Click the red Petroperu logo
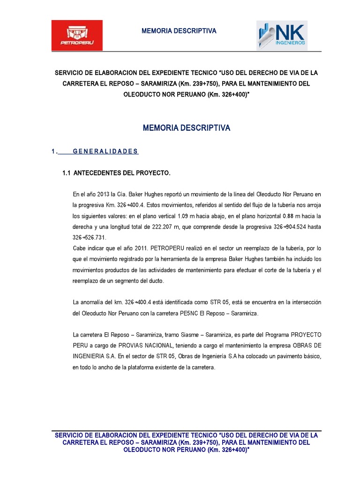click(77, 36)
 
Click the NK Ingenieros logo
click(282, 35)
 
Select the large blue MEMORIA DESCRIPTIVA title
click(186, 128)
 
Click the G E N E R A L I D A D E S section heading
click(105, 151)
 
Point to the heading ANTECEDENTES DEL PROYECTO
click(122, 173)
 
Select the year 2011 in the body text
click(124, 248)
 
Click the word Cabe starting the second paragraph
click(80, 248)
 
